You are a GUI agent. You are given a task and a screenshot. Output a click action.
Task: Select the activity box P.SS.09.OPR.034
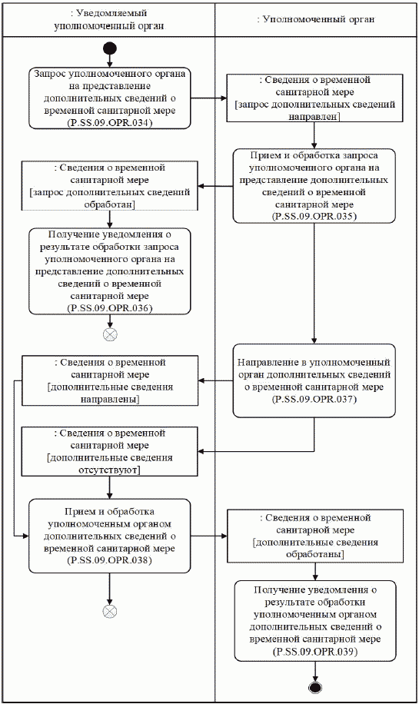point(110,98)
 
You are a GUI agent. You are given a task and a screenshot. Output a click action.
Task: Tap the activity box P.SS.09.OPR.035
point(314,185)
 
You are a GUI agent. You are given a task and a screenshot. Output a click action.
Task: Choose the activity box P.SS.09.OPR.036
point(110,271)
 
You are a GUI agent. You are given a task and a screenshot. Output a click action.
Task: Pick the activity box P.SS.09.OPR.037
point(314,380)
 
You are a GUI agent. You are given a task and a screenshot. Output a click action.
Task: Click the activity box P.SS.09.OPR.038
point(110,535)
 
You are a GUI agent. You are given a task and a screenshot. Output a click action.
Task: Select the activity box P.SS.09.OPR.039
point(314,619)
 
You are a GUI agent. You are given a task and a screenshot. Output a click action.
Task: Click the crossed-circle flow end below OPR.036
point(110,334)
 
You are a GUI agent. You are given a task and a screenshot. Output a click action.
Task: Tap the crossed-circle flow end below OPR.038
point(110,610)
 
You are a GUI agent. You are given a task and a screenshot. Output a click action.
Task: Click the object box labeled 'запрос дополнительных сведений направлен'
point(314,98)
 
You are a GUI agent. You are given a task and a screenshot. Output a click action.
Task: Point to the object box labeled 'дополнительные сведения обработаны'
point(314,535)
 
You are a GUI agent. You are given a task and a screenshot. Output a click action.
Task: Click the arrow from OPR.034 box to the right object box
point(208,98)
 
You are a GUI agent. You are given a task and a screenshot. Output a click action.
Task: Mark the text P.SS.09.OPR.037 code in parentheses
point(314,400)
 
